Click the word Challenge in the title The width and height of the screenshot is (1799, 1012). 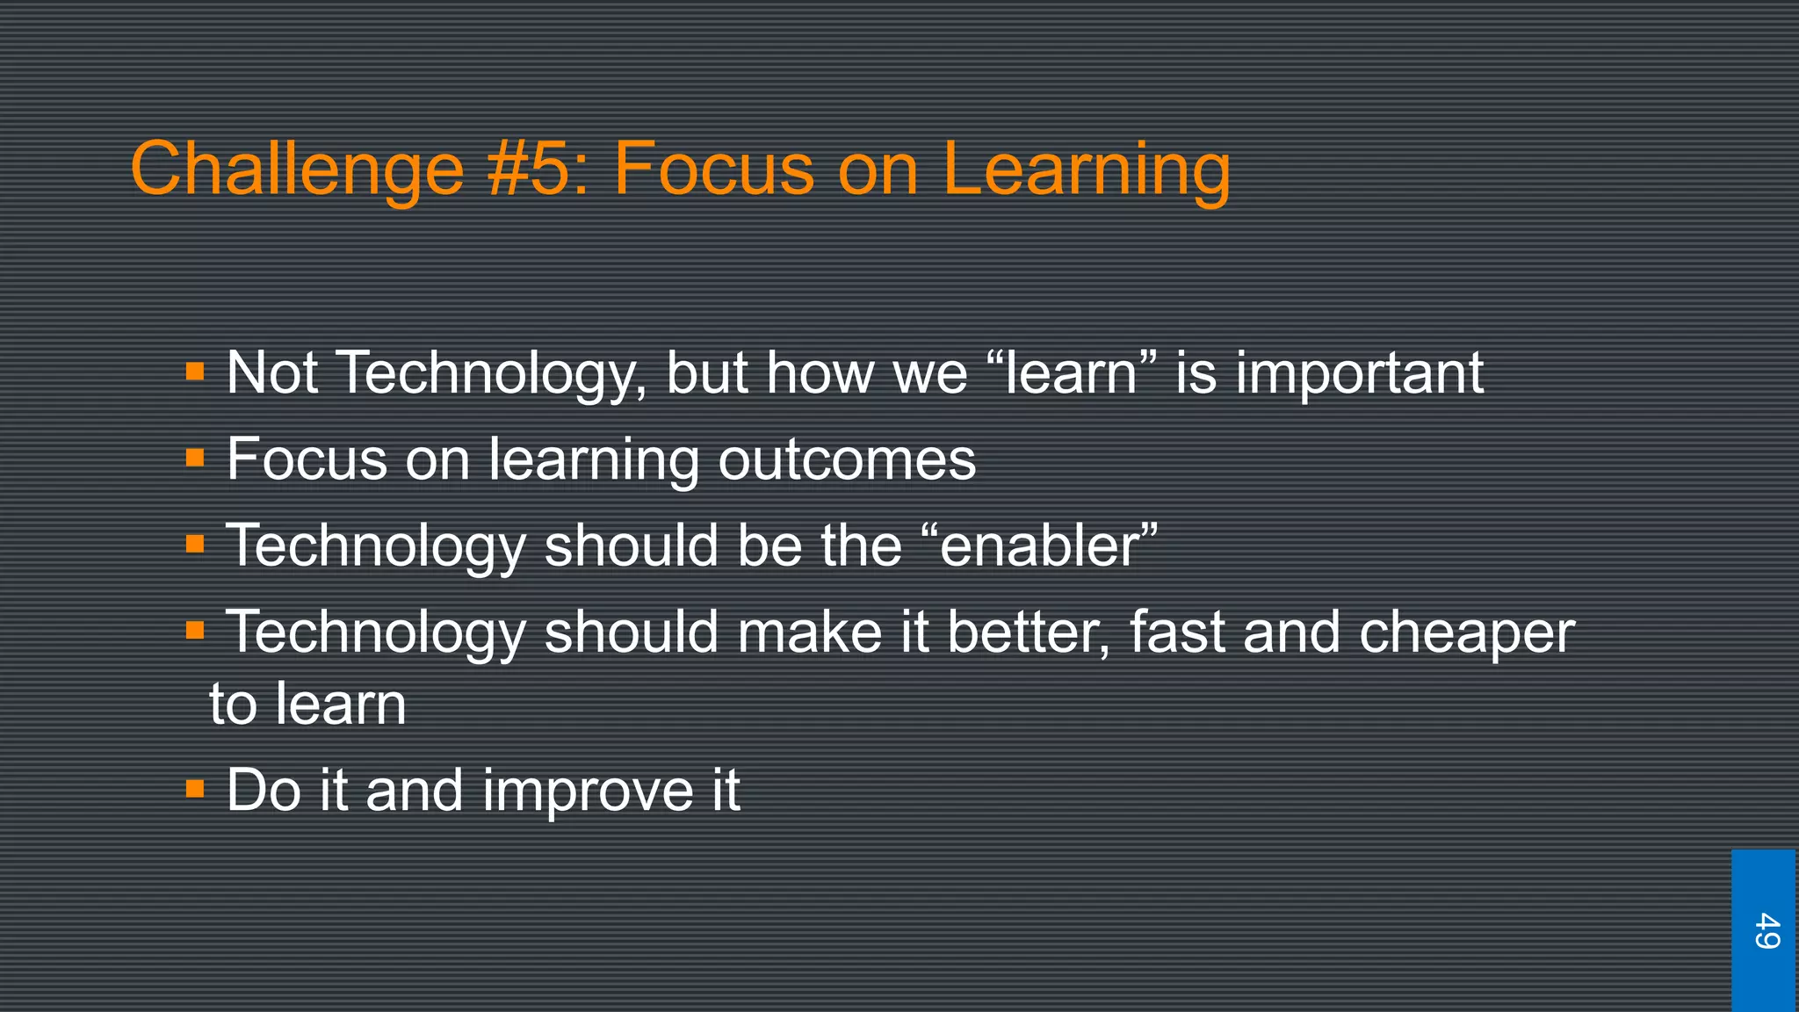(297, 170)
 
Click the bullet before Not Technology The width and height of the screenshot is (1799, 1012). (195, 372)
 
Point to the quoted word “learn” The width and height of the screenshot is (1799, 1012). (1072, 372)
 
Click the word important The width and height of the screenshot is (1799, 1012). (1360, 372)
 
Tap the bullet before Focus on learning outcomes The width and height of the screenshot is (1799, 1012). (195, 458)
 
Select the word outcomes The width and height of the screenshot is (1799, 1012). (847, 459)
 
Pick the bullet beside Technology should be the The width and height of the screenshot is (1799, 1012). (195, 545)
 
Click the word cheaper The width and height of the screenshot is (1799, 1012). (1467, 632)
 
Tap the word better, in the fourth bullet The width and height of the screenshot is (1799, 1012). (1028, 631)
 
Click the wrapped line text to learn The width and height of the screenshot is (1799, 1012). (307, 705)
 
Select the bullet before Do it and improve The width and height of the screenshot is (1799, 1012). (195, 789)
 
